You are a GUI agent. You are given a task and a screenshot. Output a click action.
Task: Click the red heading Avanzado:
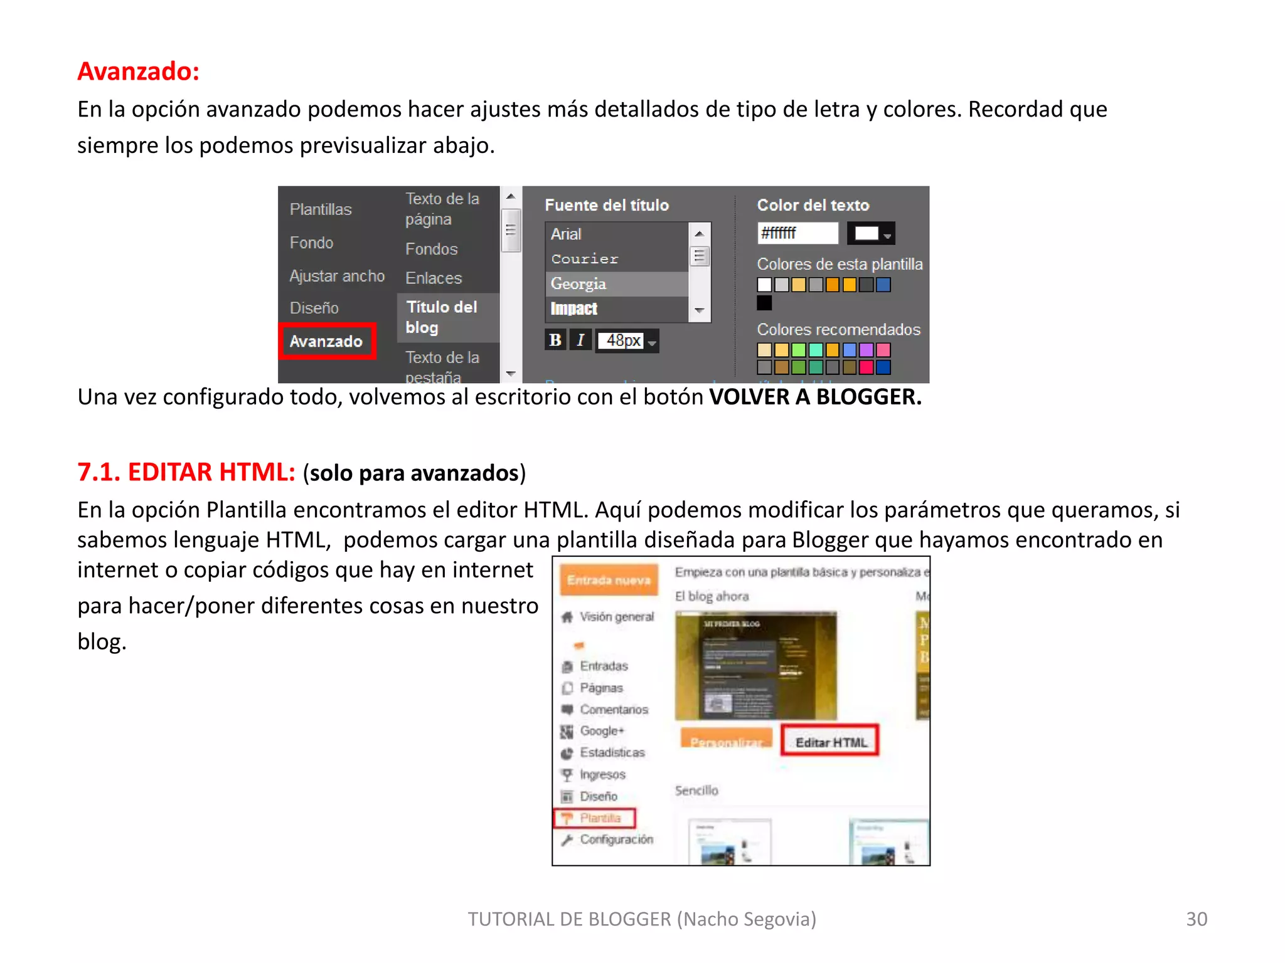(138, 71)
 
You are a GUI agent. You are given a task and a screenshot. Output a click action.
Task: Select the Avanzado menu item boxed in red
(326, 341)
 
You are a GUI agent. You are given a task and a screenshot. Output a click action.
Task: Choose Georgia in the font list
(579, 284)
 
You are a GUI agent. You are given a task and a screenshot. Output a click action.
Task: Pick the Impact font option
(574, 308)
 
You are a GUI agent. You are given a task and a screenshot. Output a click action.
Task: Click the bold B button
(555, 340)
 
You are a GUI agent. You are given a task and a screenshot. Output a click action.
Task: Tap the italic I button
(580, 340)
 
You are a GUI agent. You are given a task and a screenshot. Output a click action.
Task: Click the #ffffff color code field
(797, 233)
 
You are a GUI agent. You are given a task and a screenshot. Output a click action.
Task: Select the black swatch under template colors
(764, 303)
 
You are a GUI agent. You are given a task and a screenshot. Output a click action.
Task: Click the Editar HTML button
(831, 742)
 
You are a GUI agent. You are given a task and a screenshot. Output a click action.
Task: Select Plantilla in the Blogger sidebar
(600, 818)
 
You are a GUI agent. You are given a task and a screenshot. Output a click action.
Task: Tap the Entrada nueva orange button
(609, 581)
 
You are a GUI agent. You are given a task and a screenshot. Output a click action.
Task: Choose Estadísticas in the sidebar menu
(612, 752)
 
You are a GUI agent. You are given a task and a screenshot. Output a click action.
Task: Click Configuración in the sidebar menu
(616, 839)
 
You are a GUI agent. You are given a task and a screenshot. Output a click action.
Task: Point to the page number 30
(1196, 919)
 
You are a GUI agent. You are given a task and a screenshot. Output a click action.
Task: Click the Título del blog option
(442, 317)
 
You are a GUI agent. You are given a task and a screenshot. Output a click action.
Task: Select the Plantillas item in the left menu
(321, 209)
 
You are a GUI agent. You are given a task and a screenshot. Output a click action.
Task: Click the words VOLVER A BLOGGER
(815, 397)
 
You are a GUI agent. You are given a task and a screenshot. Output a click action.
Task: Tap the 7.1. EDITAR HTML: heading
(186, 472)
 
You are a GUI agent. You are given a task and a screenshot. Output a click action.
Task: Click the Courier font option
(585, 259)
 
